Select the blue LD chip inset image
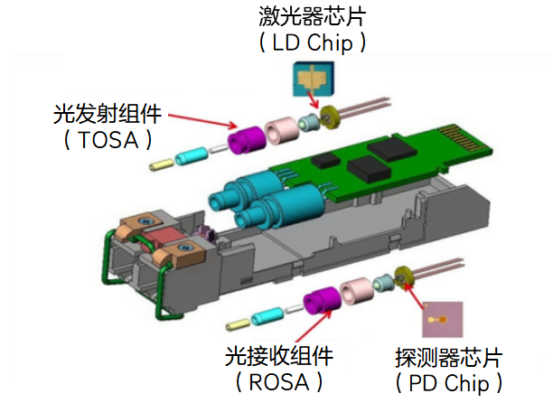click(313, 80)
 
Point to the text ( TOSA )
click(107, 140)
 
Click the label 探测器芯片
click(447, 354)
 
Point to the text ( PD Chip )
click(447, 380)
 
